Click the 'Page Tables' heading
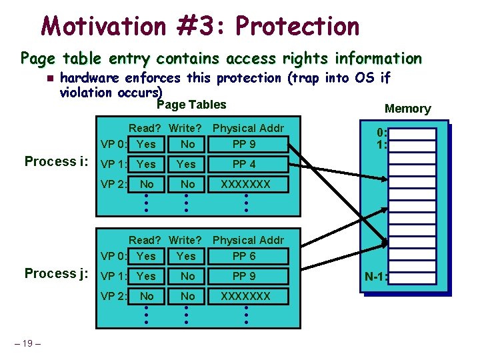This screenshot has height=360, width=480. click(x=191, y=105)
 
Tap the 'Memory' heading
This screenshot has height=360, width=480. click(x=407, y=109)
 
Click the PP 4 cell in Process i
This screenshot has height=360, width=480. click(x=243, y=164)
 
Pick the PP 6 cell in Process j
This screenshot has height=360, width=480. click(x=243, y=256)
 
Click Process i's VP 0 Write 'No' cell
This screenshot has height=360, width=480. click(x=187, y=144)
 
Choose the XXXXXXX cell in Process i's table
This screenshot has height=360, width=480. click(x=245, y=184)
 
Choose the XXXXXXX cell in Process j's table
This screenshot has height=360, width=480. click(x=245, y=296)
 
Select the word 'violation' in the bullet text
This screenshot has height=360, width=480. click(x=86, y=93)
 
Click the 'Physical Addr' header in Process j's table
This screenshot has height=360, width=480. click(x=248, y=240)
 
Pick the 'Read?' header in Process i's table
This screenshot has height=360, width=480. click(x=145, y=128)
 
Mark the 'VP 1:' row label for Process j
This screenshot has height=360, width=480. click(x=113, y=276)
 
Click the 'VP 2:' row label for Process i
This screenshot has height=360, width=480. click(x=113, y=184)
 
